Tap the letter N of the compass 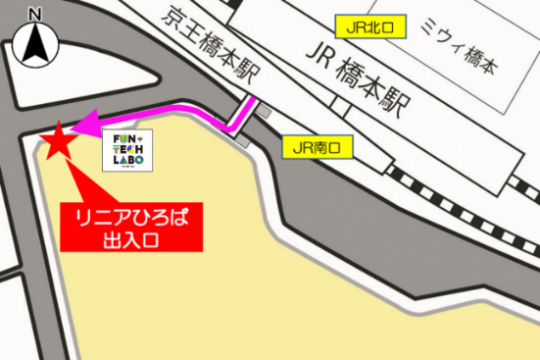(37, 15)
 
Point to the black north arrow (37, 45)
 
